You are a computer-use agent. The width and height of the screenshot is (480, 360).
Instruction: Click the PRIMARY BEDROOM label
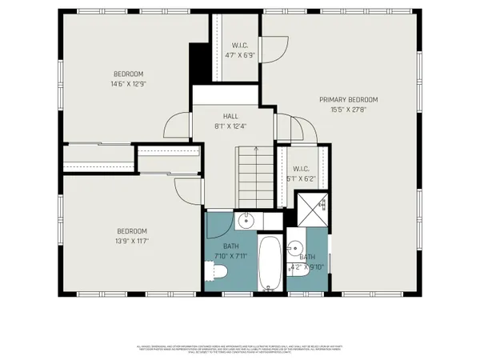348,99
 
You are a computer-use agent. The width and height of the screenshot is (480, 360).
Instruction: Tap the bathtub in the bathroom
270,264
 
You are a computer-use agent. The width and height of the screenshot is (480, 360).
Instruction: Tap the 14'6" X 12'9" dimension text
128,83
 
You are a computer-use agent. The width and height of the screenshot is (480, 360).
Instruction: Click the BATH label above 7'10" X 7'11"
231,246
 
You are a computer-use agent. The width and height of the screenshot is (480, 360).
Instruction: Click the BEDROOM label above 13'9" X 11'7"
132,230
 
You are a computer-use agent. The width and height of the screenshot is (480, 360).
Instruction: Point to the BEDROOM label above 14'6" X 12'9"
128,74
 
